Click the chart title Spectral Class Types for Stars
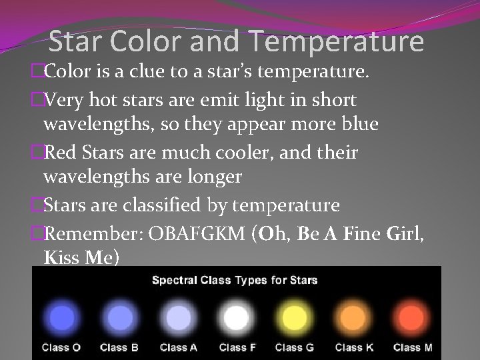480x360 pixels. point(235,280)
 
